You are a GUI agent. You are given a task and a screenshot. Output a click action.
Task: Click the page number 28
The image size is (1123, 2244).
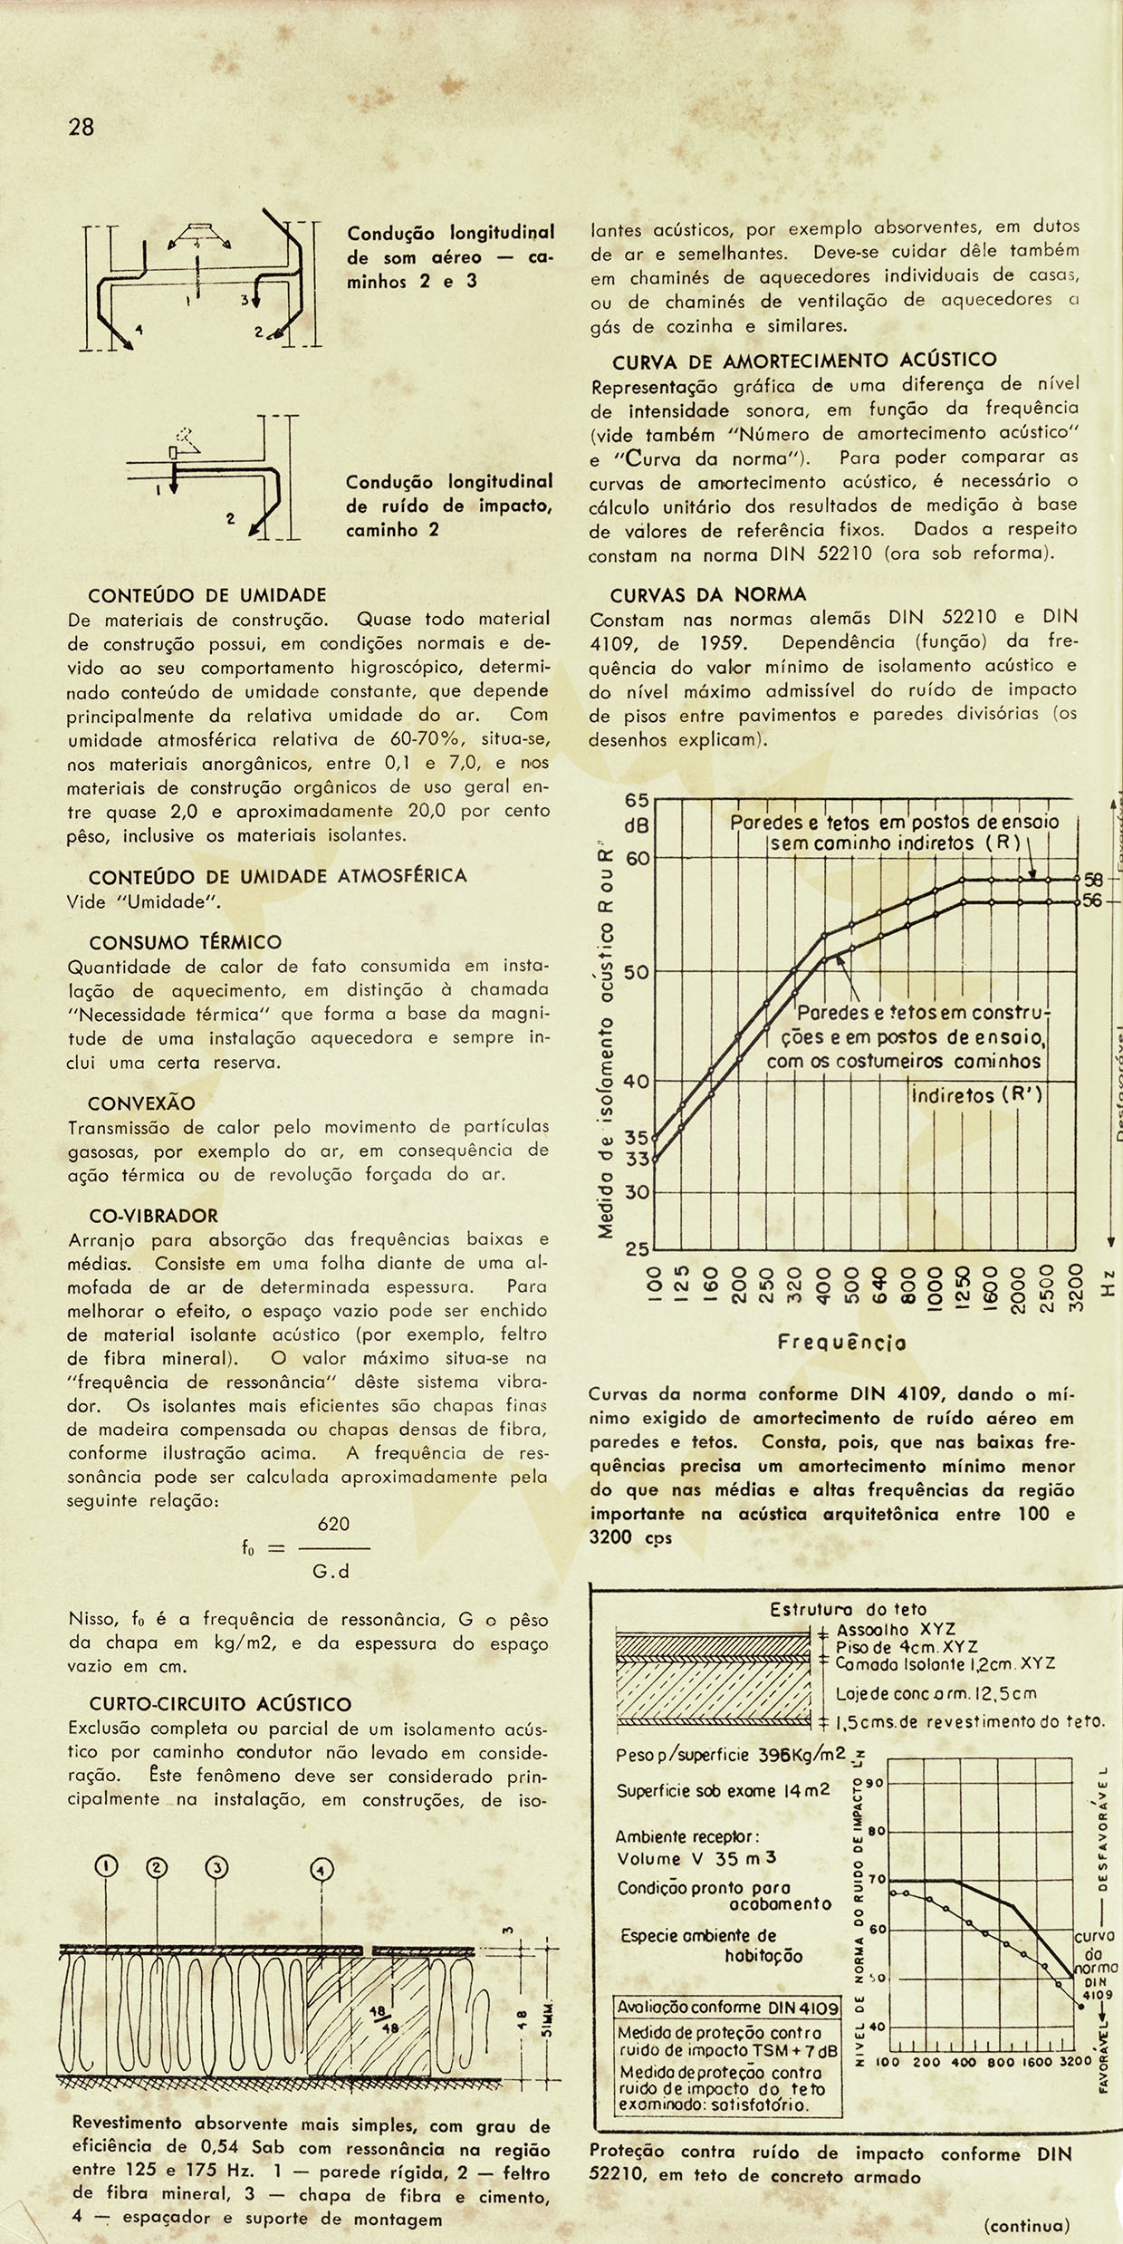pos(81,127)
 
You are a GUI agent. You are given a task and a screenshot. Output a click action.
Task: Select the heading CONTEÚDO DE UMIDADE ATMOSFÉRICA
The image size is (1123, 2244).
pos(278,876)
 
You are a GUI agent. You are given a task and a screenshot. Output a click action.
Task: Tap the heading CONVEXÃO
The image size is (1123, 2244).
pos(141,1103)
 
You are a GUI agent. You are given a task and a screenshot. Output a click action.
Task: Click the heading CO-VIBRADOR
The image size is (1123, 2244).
pos(154,1216)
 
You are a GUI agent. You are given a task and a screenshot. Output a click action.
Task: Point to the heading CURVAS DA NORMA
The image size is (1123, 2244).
pos(707,595)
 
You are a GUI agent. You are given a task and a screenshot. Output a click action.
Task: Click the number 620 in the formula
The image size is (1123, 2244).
pos(333,1524)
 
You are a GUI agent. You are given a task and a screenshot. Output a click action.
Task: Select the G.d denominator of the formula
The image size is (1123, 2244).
pos(331,1572)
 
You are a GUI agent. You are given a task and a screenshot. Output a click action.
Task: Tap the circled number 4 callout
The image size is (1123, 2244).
pos(322,1870)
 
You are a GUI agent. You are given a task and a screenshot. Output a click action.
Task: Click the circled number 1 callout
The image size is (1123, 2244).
pos(107,1866)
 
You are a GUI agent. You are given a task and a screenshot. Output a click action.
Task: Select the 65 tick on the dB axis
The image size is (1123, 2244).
pos(637,801)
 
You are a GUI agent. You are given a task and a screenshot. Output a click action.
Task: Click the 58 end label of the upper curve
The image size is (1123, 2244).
pos(1093,880)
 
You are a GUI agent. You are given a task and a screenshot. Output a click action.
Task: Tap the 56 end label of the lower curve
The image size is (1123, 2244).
pos(1093,901)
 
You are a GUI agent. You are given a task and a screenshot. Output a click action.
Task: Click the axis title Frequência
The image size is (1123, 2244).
pos(841,1344)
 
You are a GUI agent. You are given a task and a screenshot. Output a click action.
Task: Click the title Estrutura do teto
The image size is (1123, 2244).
pos(849,1610)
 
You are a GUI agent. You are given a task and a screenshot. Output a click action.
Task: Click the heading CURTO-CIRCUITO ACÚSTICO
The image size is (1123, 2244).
pos(220,1704)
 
